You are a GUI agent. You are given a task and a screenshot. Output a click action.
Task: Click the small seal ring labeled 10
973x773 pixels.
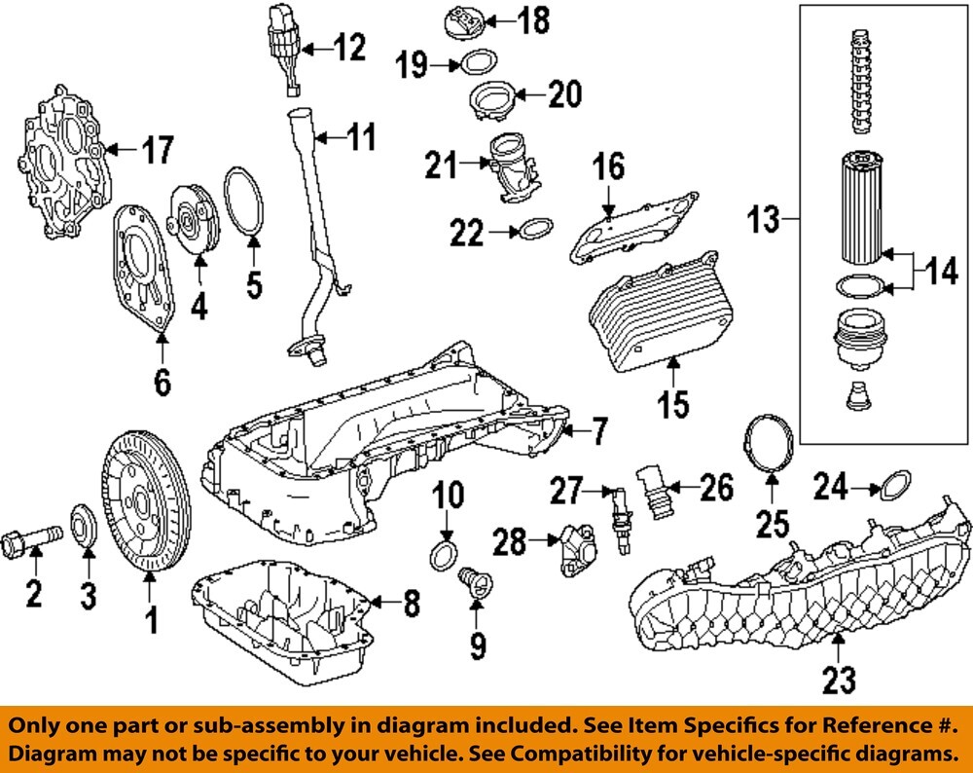tap(442, 557)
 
